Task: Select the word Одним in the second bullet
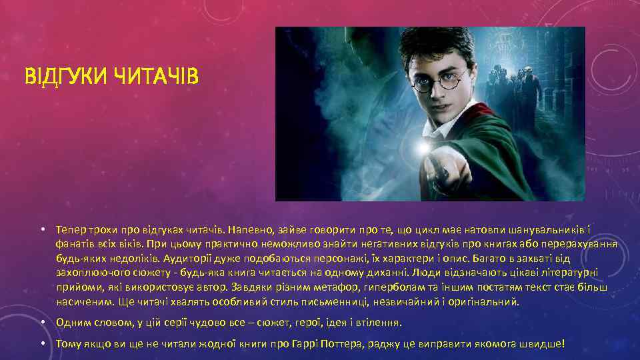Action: tap(71, 323)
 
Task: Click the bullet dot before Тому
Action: tap(42, 344)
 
